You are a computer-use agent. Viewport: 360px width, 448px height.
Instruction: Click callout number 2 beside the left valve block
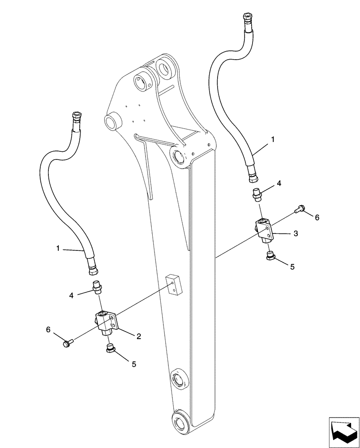(x=139, y=336)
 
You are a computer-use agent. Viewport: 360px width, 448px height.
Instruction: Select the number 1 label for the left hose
(x=58, y=248)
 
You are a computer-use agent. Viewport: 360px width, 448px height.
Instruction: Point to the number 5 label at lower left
(x=133, y=365)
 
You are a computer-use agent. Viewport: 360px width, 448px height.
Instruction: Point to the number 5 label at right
(x=292, y=266)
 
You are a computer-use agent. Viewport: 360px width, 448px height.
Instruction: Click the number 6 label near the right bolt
(x=317, y=217)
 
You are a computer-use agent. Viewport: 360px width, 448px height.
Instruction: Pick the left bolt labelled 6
(x=68, y=343)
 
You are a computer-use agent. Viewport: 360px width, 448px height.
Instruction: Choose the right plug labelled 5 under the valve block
(x=270, y=256)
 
